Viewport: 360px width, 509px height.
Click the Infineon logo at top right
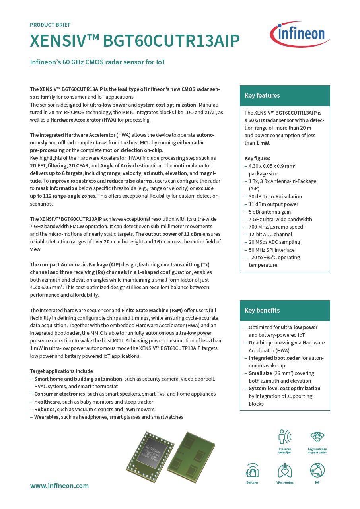tap(300, 34)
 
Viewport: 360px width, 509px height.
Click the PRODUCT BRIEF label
tap(50, 25)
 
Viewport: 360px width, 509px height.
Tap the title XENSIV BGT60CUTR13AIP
tap(135, 41)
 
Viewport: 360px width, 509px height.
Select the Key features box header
tap(285, 96)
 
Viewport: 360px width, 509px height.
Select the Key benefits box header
tap(285, 311)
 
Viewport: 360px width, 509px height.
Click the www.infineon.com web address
tap(59, 486)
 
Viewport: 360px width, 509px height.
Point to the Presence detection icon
tap(285, 437)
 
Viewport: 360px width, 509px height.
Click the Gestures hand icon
tap(252, 471)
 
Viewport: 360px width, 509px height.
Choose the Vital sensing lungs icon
tap(285, 471)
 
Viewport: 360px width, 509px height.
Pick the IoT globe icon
tap(317, 470)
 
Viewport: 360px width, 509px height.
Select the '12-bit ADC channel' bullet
tap(270, 235)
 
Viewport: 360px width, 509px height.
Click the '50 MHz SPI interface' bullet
tap(272, 250)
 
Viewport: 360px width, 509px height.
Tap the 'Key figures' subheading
tap(257, 158)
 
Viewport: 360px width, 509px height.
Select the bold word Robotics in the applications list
tap(45, 409)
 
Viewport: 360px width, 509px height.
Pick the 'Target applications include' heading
tap(61, 371)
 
